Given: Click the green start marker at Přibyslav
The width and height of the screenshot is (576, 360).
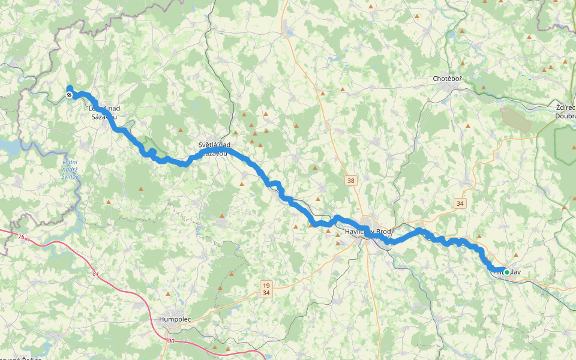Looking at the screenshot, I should click(506, 272).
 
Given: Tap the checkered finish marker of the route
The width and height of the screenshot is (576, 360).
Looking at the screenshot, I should click(70, 95).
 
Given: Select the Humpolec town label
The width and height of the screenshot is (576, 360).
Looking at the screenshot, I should click(175, 319).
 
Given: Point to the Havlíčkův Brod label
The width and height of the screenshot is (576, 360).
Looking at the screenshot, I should click(368, 232).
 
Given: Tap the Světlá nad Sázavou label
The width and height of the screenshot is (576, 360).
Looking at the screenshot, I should click(214, 149).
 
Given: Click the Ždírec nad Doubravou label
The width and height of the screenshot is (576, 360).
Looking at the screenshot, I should click(565, 112).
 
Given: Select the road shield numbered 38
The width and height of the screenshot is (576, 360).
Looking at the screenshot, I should click(351, 179).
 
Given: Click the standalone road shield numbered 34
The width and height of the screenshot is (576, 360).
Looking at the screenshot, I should click(460, 203).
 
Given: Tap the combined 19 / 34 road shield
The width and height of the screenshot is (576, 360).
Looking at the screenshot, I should click(266, 289).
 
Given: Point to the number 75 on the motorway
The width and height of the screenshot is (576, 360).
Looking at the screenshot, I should click(22, 238).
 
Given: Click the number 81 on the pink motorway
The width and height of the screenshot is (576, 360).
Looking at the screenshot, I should click(96, 274).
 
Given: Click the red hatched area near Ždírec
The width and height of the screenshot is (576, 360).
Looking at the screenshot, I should click(515, 119).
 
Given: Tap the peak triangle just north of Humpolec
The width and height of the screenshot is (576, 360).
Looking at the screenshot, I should click(169, 295).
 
